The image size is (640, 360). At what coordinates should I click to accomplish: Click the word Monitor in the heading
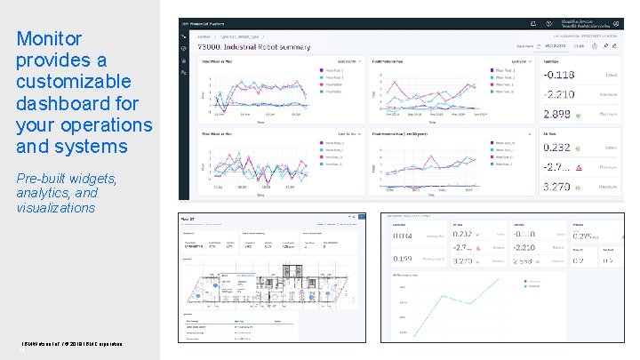[x=50, y=39]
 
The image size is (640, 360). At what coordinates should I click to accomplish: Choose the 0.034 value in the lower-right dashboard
[x=404, y=235]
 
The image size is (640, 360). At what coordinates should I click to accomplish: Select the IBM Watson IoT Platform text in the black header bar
[x=212, y=22]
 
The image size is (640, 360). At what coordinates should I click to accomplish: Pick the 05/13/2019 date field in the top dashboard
[x=554, y=44]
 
